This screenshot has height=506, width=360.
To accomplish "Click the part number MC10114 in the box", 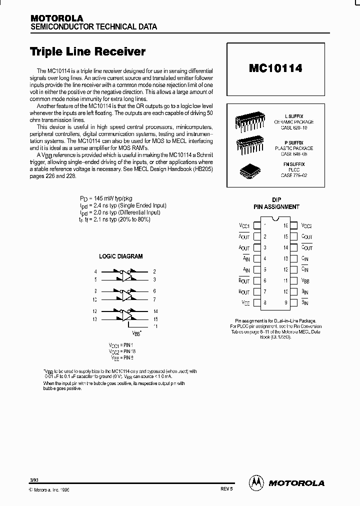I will pyautogui.click(x=275, y=68).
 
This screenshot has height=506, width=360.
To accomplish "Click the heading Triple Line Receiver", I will pyautogui.click(x=88, y=51).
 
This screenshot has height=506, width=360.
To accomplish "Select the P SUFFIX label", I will pyautogui.click(x=293, y=142).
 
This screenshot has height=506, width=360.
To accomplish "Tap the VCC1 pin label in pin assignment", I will pyautogui.click(x=244, y=226).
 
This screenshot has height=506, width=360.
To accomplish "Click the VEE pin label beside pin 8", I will pyautogui.click(x=245, y=302).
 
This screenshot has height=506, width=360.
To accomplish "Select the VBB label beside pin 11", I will pyautogui.click(x=306, y=281).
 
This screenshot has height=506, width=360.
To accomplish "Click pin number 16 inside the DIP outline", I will pyautogui.click(x=286, y=226).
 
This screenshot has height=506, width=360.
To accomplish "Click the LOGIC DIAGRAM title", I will pyautogui.click(x=121, y=256).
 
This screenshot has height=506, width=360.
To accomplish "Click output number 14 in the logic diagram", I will pyautogui.click(x=155, y=310).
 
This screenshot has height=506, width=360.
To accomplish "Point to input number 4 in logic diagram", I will pyautogui.click(x=95, y=271).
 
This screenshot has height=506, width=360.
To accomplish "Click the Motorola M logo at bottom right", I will pyautogui.click(x=255, y=482).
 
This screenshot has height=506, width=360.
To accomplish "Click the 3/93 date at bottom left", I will pyautogui.click(x=33, y=480).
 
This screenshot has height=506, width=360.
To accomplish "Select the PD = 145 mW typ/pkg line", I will pyautogui.click(x=106, y=199).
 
